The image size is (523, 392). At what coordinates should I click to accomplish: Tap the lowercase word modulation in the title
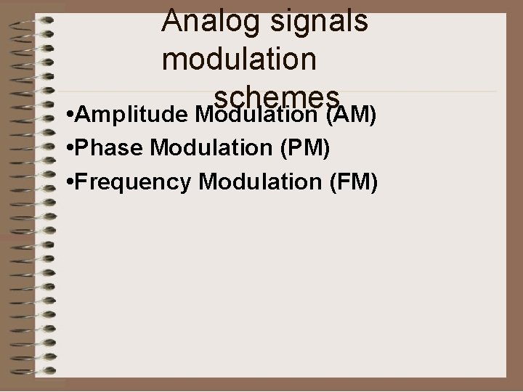pyautogui.click(x=240, y=59)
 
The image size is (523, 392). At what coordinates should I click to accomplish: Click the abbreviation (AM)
pyautogui.click(x=352, y=115)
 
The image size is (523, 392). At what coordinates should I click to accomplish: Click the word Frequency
pyautogui.click(x=134, y=182)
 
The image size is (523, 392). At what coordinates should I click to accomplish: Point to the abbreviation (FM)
pyautogui.click(x=354, y=182)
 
